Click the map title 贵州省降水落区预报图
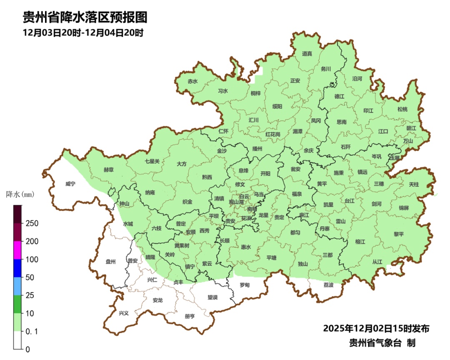pyautogui.click(x=85, y=17)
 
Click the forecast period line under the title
pyautogui.click(x=83, y=33)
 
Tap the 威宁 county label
pyautogui.click(x=70, y=184)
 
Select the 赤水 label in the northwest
pyautogui.click(x=192, y=81)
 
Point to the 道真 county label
pyautogui.click(x=307, y=53)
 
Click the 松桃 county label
pyautogui.click(x=402, y=109)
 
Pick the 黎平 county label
pyautogui.click(x=399, y=234)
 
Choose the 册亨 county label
pyautogui.click(x=190, y=316)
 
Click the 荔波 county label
pyautogui.click(x=328, y=285)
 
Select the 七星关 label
pyautogui.click(x=152, y=161)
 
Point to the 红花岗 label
pyautogui.click(x=273, y=134)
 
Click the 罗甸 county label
pyautogui.click(x=245, y=285)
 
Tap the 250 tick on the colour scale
pyautogui.click(x=32, y=223)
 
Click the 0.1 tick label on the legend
pyautogui.click(x=32, y=331)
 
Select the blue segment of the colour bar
pyautogui.click(x=17, y=268)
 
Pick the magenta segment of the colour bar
pyautogui.click(x=17, y=250)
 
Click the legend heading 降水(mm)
pyautogui.click(x=20, y=194)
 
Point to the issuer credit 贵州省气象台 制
pyautogui.click(x=382, y=343)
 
